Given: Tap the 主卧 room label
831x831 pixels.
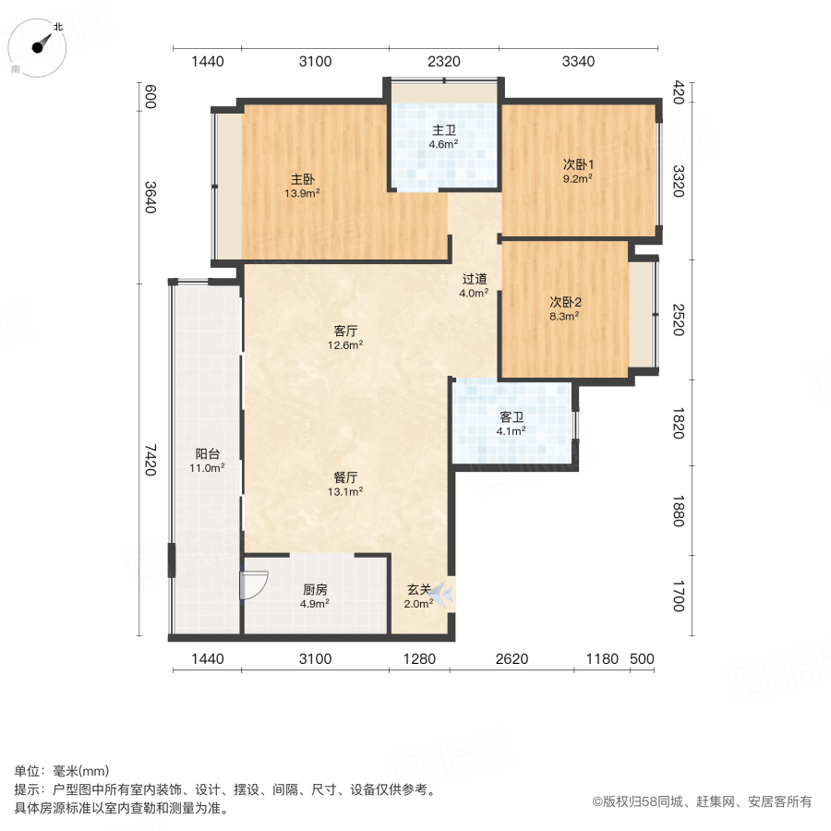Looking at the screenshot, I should pos(302,179).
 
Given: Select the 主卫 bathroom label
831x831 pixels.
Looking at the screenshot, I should pos(443,130).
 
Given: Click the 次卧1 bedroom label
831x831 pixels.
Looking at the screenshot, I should pos(579,164).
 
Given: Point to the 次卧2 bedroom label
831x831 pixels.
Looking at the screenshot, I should pos(565,301).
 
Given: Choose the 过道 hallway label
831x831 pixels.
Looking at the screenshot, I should pos(475,279).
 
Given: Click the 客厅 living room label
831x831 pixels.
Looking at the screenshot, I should pos(346,331).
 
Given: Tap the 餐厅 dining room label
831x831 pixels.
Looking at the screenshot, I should pos(346,477).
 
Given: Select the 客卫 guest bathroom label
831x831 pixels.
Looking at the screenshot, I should pos(512,416).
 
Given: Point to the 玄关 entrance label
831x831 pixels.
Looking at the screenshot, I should pos(419,589).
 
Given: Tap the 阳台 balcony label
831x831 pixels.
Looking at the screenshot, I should pos(207,453).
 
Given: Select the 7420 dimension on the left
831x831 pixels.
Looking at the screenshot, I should pos(151,460).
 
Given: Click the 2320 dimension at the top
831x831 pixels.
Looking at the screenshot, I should pos(443,62).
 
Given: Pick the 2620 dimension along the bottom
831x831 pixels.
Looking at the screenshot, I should pos(512,658).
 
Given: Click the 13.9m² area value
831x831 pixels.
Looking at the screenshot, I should pos(302,193).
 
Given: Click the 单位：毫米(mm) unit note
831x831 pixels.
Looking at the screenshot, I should pos(61,772).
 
